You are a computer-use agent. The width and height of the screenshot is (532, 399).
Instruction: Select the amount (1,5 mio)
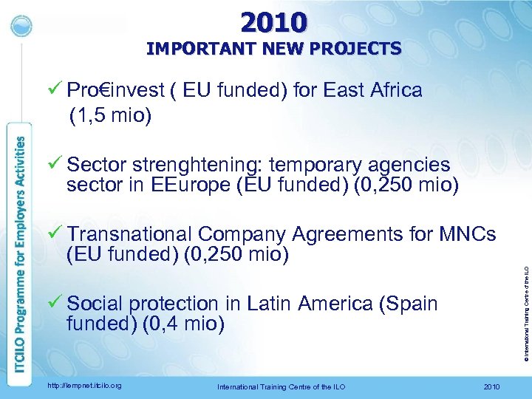pyautogui.click(x=110, y=115)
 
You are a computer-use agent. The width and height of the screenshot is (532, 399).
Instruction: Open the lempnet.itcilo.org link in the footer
pyautogui.click(x=83, y=386)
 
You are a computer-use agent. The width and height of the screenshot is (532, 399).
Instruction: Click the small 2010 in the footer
pyautogui.click(x=491, y=386)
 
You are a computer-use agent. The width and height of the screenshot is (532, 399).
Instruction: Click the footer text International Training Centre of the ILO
pyautogui.click(x=281, y=386)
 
